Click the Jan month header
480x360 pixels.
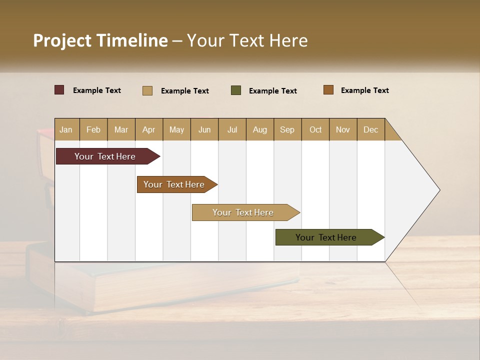pyautogui.click(x=66, y=129)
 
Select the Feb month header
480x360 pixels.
pyautogui.click(x=93, y=129)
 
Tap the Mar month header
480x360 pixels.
pyautogui.click(x=121, y=129)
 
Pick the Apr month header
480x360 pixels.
pyautogui.click(x=149, y=129)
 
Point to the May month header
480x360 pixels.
pyautogui.click(x=176, y=129)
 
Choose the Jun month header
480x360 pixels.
pyautogui.click(x=204, y=129)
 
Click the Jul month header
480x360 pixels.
pyautogui.click(x=232, y=129)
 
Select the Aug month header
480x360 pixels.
pyautogui.click(x=260, y=129)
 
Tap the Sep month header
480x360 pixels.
pyautogui.click(x=287, y=129)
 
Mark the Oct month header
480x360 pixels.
pyautogui.click(x=315, y=129)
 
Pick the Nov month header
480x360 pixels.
pyautogui.click(x=343, y=129)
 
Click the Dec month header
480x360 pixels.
pyautogui.click(x=370, y=129)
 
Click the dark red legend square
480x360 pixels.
pyautogui.click(x=59, y=90)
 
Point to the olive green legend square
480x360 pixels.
pyautogui.click(x=236, y=90)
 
